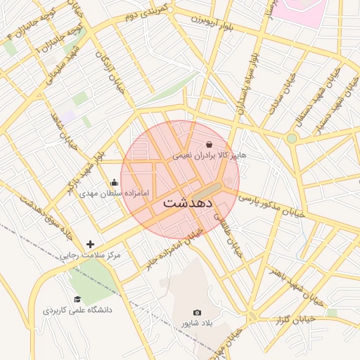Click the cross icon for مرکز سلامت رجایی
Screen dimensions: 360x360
tap(90, 244)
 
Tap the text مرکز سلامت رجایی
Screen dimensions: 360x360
tap(90, 255)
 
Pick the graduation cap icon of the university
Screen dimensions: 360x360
tap(77, 299)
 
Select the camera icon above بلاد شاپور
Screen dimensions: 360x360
tap(197, 312)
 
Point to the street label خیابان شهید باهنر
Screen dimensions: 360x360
tap(298, 286)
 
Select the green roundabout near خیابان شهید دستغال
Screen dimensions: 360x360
tap(291, 139)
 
